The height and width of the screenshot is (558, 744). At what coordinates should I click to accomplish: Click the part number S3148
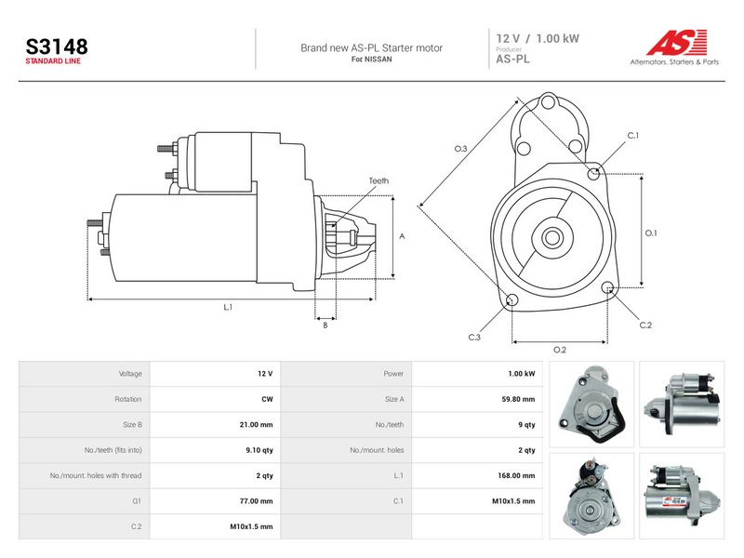[x=57, y=46]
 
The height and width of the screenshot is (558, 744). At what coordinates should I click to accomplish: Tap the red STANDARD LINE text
[x=53, y=61]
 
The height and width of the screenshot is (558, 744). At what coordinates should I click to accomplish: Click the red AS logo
[x=677, y=42]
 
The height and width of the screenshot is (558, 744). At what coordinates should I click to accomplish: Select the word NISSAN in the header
[x=379, y=60]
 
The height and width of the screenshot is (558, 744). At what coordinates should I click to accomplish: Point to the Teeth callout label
[x=379, y=180]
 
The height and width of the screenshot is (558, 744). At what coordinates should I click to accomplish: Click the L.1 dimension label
[x=228, y=308]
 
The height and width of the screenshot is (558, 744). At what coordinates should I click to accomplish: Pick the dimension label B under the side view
[x=325, y=325]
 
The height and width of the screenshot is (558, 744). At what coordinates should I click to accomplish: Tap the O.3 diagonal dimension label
[x=460, y=149]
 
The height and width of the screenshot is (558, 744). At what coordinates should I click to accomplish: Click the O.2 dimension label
[x=560, y=351]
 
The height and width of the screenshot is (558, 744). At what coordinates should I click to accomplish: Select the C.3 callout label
[x=474, y=338]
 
